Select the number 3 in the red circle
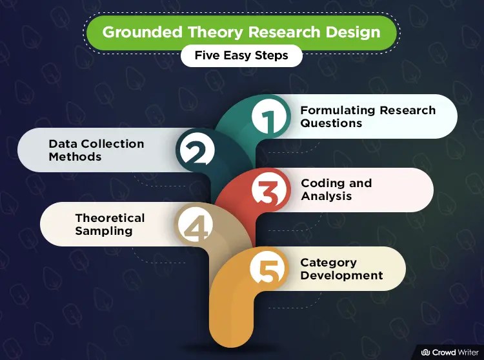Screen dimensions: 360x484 pos(266,191)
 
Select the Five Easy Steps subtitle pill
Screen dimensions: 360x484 pos(241,55)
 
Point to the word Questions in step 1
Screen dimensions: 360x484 pos(331,123)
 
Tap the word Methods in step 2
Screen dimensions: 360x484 pos(75,156)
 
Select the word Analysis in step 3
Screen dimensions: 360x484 pos(327,196)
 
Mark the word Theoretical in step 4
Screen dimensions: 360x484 pos(110,218)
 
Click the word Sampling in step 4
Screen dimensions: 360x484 pos(103,231)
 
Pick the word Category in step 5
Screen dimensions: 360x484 pos(328,263)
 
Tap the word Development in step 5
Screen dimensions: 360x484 pos(341,275)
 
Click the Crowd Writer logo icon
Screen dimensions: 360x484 pos(426,352)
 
